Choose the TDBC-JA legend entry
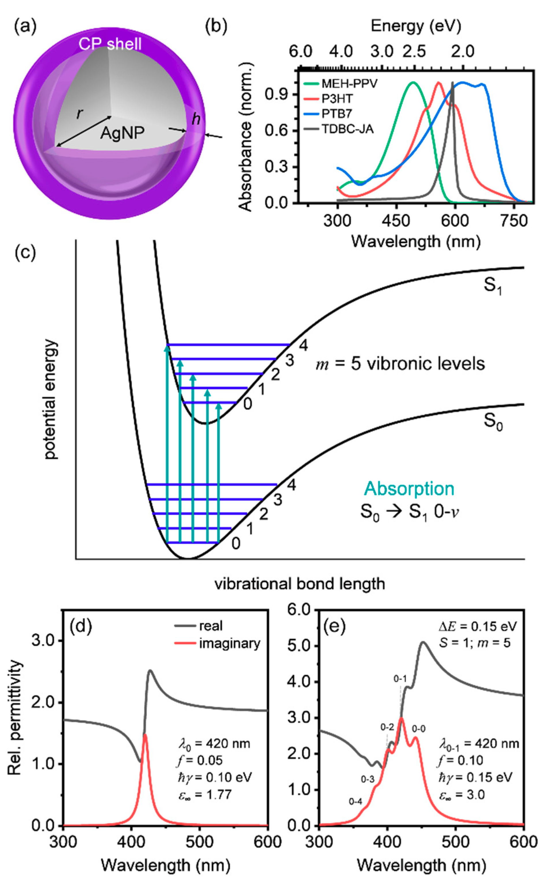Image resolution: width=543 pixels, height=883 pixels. coord(347,129)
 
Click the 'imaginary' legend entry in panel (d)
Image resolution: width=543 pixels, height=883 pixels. coord(229,643)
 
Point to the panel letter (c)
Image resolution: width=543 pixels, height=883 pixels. coord(25,253)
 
